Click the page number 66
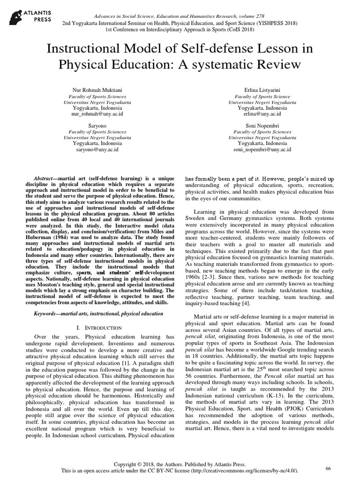click(x=328, y=468)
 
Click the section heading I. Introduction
click(x=98, y=325)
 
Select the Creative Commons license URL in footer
click(x=243, y=470)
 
